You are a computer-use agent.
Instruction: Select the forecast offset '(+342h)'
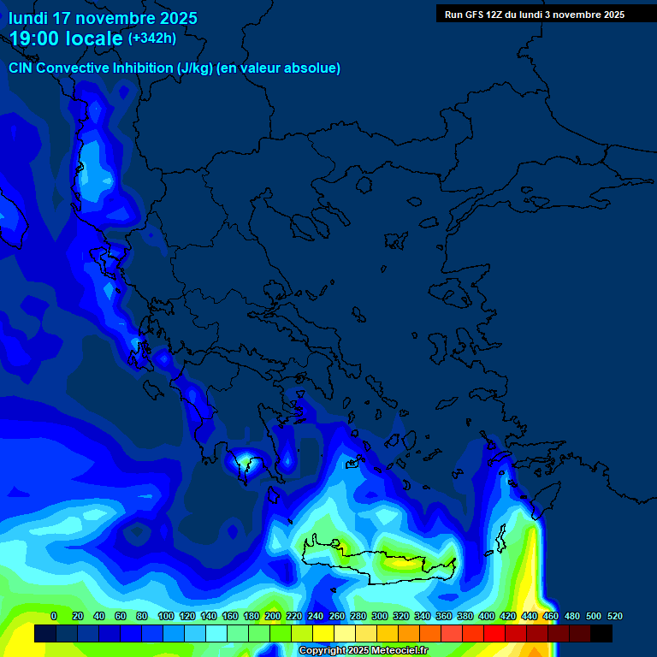(x=152, y=38)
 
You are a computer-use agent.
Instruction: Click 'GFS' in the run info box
(x=476, y=15)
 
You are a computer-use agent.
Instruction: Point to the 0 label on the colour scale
(x=55, y=616)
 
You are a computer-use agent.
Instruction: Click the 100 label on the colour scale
(x=166, y=616)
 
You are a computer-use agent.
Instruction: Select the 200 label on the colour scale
(x=273, y=616)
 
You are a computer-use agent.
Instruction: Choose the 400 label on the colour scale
(x=487, y=616)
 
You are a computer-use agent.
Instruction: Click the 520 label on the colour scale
(x=614, y=616)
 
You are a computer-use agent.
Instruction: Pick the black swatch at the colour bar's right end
(x=601, y=633)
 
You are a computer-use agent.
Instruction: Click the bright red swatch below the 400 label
(x=494, y=633)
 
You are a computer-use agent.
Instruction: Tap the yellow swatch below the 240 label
(x=323, y=633)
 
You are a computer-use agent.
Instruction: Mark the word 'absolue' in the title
(x=313, y=68)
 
